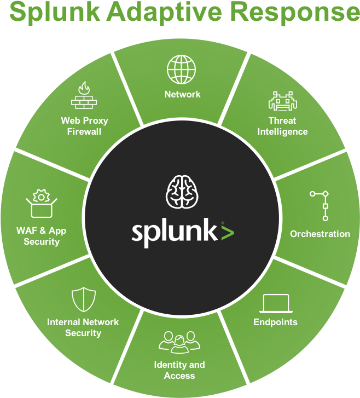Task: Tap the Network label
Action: coord(182,94)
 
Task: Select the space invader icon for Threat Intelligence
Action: coord(282,101)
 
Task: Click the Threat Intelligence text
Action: coord(282,126)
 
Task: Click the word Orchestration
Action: coord(320,234)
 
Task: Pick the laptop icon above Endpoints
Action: coord(275,303)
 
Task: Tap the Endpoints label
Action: coord(275,322)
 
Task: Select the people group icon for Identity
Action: coord(179,341)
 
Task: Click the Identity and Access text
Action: coord(179,370)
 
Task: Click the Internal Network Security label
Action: coord(83,327)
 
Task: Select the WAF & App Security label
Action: coord(42,236)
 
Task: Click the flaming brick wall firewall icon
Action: coord(84,96)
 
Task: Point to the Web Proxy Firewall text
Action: coord(84,126)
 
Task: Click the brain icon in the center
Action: coord(181,192)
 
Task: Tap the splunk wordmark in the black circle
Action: coord(174,232)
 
